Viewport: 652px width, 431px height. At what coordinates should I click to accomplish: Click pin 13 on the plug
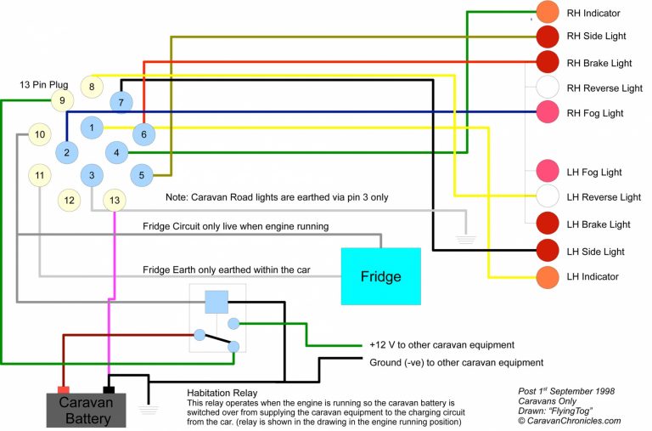point(115,200)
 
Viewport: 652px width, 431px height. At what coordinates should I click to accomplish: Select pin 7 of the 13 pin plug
point(121,102)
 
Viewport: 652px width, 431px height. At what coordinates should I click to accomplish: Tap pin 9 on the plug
point(62,101)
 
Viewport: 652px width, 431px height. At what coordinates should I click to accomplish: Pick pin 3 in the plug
point(91,175)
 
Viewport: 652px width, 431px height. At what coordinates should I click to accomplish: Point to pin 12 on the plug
point(69,201)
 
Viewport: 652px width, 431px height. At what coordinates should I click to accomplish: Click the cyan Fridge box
point(380,276)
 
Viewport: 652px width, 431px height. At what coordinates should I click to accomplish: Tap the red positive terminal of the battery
point(62,390)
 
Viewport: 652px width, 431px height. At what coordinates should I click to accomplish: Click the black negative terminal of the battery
point(109,390)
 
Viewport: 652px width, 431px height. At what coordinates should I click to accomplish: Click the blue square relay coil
point(216,301)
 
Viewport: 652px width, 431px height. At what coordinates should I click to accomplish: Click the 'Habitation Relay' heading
point(222,393)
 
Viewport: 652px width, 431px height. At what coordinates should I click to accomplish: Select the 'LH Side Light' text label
point(595,252)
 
